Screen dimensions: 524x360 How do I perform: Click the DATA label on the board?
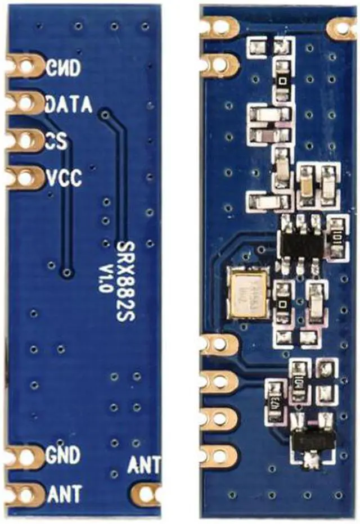pos(68,104)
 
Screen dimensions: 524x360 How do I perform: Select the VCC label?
pos(64,178)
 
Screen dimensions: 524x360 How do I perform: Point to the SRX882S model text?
pos(125,281)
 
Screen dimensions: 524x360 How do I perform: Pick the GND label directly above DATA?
pos(64,67)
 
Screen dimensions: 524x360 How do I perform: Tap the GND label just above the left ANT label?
pos(64,454)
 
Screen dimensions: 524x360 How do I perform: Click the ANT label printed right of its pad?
pos(65,494)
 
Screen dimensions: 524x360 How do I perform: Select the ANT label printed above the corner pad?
pos(143,465)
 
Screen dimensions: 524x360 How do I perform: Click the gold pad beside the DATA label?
pos(25,103)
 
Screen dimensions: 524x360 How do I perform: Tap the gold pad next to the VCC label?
pos(25,178)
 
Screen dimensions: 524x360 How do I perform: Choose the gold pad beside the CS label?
pos(25,140)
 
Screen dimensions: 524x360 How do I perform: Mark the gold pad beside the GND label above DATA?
pos(25,67)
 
